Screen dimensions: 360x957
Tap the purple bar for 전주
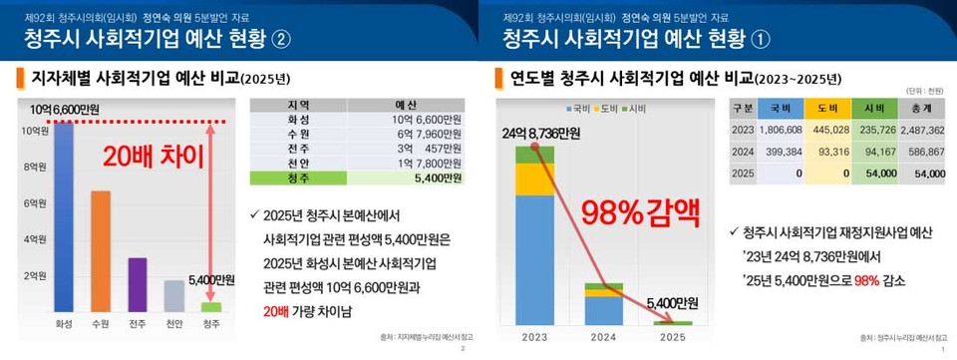click(138, 284)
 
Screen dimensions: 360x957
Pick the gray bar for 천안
click(174, 295)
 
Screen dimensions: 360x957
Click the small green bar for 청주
click(211, 307)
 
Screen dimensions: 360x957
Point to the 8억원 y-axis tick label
click(34, 167)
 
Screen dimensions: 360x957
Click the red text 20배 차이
click(147, 156)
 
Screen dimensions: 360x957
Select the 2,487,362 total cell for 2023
click(921, 130)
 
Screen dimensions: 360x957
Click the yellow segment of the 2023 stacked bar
click(534, 179)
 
